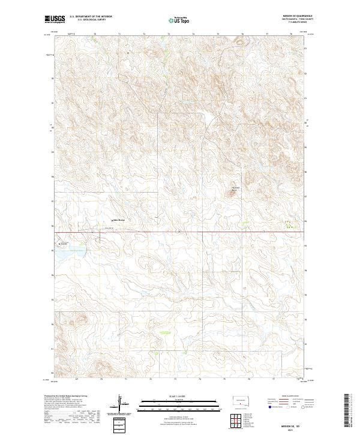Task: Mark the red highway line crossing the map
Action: pyautogui.click(x=180, y=232)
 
